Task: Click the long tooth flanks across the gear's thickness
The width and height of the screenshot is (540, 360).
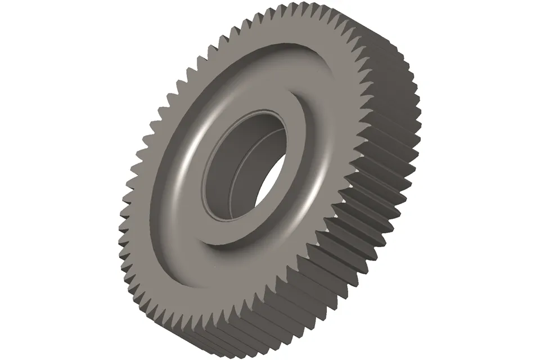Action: [x=360, y=236]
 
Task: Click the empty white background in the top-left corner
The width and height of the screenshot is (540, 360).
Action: [x=34, y=28]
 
